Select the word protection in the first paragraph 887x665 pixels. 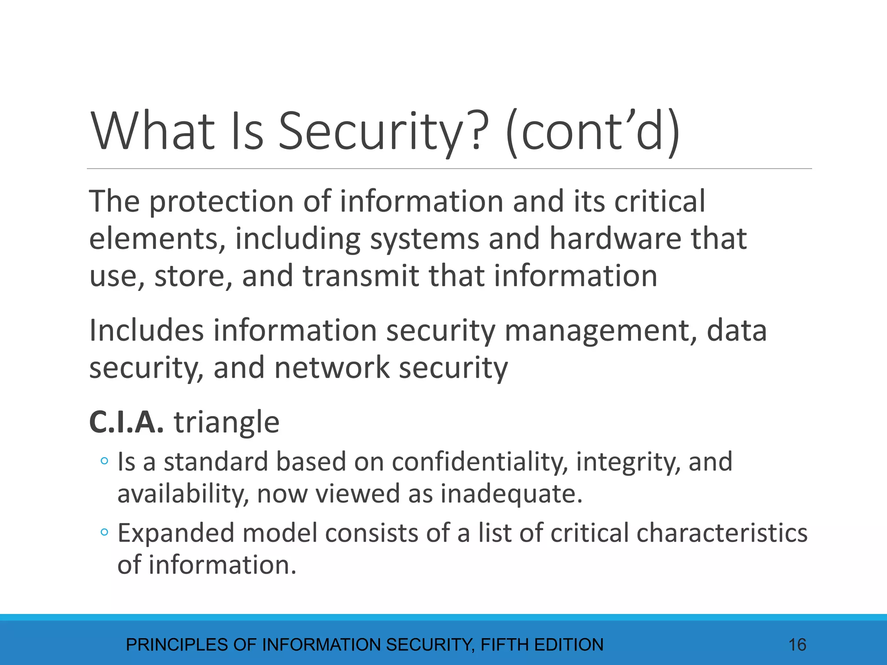[221, 202]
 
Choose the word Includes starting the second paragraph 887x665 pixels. [146, 331]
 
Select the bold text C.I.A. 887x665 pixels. [126, 422]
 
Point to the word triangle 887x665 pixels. [227, 422]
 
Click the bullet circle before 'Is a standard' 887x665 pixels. [104, 461]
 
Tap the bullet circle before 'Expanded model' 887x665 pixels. [104, 532]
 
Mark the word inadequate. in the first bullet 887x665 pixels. [511, 494]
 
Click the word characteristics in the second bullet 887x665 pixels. [722, 533]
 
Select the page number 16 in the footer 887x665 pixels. [797, 645]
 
